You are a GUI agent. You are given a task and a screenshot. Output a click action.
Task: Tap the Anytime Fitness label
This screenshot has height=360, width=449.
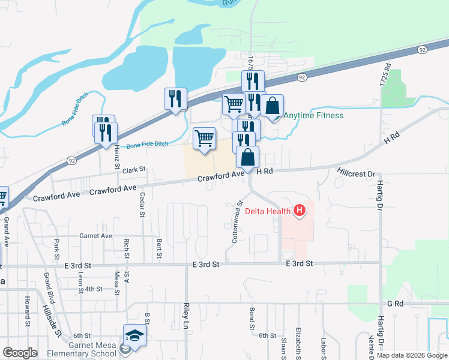pyautogui.click(x=314, y=115)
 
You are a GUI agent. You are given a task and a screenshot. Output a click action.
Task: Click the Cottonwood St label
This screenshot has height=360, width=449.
pyautogui.click(x=236, y=222)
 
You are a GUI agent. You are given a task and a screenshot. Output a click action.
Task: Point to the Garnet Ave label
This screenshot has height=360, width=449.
pyautogui.click(x=95, y=236)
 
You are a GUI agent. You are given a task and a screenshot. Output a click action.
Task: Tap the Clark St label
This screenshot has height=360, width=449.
pyautogui.click(x=134, y=170)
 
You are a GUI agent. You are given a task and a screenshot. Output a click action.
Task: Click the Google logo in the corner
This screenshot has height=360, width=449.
pyautogui.click(x=20, y=353)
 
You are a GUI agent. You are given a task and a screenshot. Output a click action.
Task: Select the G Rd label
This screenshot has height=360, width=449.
pyautogui.click(x=394, y=304)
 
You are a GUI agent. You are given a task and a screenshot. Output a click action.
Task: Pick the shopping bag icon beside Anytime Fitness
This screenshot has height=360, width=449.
pyautogui.click(x=272, y=106)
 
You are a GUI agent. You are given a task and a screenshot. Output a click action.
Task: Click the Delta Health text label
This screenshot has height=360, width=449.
pyautogui.click(x=268, y=211)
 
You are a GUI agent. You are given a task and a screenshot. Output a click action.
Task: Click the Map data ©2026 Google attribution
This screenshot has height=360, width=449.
pyautogui.click(x=412, y=355)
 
